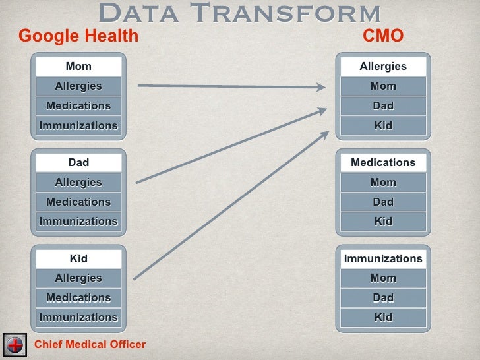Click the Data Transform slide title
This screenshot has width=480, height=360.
(239, 13)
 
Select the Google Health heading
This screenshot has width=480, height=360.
(78, 36)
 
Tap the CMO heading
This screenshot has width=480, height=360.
(383, 36)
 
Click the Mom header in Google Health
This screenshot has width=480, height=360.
(78, 66)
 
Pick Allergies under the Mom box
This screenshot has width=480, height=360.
(78, 86)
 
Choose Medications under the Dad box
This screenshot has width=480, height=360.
(78, 202)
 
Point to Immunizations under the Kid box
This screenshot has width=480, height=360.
(78, 317)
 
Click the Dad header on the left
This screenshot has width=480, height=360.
(78, 162)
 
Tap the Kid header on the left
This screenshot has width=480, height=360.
(78, 258)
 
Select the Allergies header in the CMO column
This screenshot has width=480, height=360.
(383, 66)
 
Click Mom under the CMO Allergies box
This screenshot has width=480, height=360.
(383, 86)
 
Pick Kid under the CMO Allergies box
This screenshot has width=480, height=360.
(383, 125)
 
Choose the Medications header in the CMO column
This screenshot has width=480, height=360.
(383, 162)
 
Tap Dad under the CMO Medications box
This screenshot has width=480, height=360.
(383, 202)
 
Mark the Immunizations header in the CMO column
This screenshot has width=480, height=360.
(383, 258)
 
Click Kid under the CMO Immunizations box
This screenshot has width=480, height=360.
(383, 317)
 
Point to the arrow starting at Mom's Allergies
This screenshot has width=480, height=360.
(231, 86)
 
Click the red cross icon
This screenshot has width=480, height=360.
(15, 344)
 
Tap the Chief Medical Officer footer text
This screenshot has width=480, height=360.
(90, 344)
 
